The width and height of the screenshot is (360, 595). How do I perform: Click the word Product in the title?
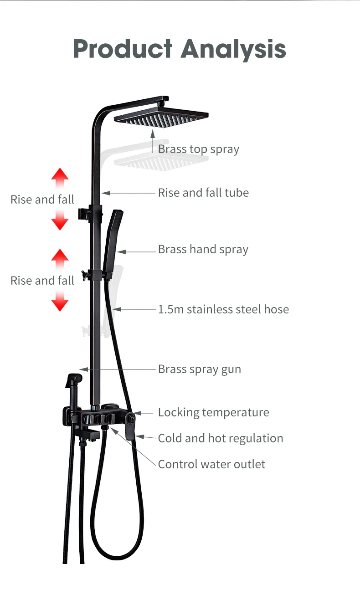coord(123,49)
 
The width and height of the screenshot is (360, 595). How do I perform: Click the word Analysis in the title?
coord(234,49)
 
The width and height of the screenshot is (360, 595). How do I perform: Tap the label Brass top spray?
coord(198,149)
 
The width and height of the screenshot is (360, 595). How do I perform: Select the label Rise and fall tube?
coord(203,193)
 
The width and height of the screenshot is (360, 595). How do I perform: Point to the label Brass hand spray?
coord(203,250)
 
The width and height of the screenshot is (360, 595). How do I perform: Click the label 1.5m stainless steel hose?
coord(223,310)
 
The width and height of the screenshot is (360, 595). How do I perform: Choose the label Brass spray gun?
coord(199,369)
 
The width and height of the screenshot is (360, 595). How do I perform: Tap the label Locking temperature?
coord(213,413)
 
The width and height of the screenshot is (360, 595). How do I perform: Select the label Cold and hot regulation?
coord(220,439)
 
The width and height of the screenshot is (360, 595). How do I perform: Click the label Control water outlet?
coord(211,465)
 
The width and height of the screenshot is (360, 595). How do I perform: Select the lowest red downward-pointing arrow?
coord(60,302)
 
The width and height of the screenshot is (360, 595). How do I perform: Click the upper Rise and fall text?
coord(42,200)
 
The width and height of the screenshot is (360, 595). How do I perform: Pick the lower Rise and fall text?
coord(42,281)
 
